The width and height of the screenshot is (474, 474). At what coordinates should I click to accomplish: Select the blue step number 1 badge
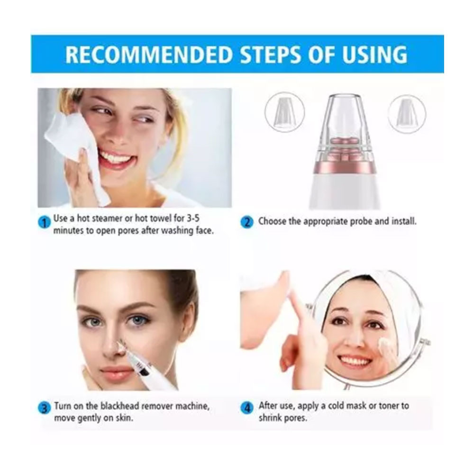pos(44,223)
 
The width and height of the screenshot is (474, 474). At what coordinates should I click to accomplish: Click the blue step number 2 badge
pos(247,222)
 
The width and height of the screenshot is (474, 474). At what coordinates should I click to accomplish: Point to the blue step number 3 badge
pos(44,409)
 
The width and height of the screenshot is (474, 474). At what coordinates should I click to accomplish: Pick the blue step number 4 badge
pos(247,409)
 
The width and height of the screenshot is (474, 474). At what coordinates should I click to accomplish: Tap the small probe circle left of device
pos(284,112)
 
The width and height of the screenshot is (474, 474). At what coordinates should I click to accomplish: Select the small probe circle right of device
pos(407,114)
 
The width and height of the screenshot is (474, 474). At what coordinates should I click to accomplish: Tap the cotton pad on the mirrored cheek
pos(383,343)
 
